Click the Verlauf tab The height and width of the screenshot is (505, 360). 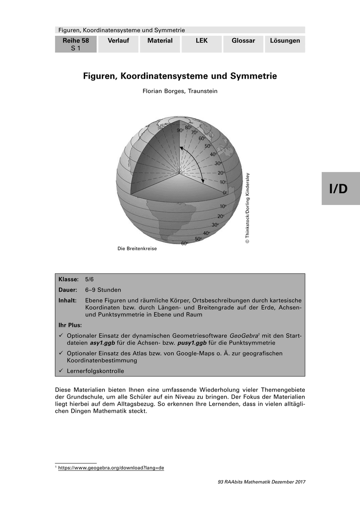coord(118,41)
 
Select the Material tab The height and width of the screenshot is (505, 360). coord(160,41)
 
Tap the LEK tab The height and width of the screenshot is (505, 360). coord(202,41)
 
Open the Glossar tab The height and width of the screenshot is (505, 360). coord(243,41)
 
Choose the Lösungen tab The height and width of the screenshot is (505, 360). coord(285,41)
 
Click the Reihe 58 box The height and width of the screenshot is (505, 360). coord(76,44)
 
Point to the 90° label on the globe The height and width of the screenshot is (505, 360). coord(180,130)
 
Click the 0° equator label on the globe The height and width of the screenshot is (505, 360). coord(225,192)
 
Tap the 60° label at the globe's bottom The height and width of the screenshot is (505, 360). coord(184,244)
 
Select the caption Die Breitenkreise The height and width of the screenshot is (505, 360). coord(137,249)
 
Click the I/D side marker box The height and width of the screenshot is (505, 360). coord(341,189)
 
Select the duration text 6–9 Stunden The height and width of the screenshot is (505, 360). coord(103,290)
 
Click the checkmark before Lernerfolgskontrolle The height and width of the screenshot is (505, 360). coord(61,371)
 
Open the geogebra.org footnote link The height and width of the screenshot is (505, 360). coord(111,468)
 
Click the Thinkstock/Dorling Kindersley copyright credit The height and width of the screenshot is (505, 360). coord(248,208)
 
